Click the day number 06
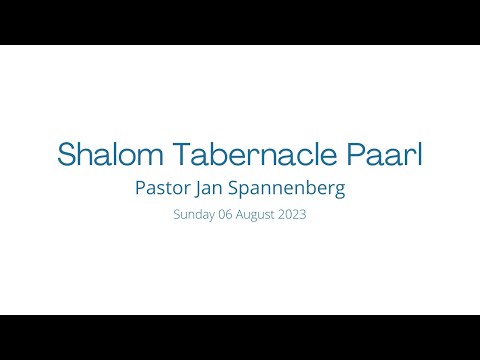(225, 214)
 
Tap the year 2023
(292, 214)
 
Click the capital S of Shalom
(67, 154)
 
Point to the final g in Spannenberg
(339, 190)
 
